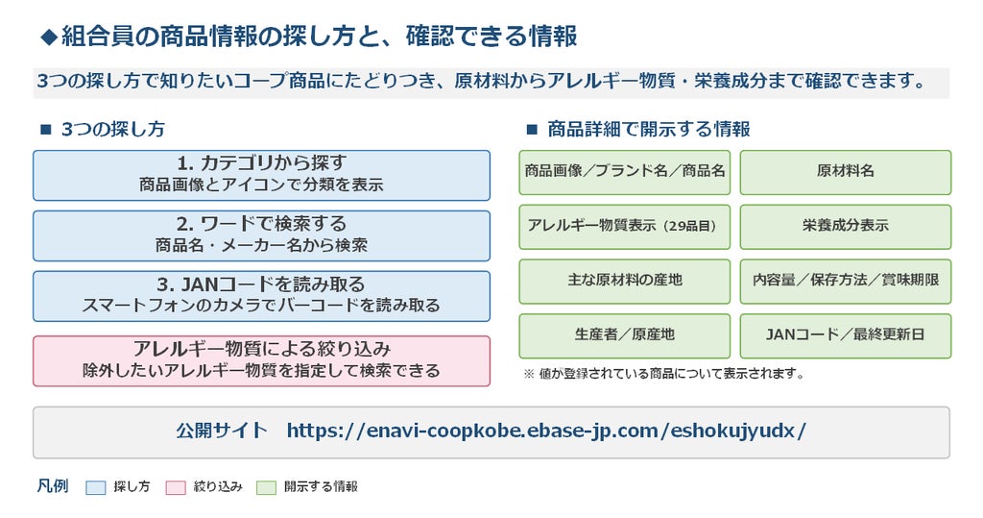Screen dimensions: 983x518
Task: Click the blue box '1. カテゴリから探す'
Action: [261, 175]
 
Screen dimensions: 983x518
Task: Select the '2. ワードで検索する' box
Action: [261, 235]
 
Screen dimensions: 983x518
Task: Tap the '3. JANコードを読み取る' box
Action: [261, 296]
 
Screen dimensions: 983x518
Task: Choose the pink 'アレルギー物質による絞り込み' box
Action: [261, 361]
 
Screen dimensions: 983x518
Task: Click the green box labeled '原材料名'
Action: [845, 172]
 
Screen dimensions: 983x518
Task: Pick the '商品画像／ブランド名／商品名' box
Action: [624, 172]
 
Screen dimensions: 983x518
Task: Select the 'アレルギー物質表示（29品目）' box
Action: [624, 227]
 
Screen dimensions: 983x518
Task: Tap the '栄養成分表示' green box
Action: [845, 227]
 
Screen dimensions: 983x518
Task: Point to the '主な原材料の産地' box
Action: [624, 282]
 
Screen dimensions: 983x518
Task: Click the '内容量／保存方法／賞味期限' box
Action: [845, 282]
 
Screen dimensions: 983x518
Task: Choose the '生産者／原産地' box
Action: [624, 336]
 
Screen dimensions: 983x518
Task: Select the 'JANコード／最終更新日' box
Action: [845, 336]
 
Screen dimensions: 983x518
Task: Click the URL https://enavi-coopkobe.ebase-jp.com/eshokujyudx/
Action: [546, 431]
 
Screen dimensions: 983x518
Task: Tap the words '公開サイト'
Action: [222, 431]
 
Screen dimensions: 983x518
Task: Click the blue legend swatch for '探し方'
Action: [95, 488]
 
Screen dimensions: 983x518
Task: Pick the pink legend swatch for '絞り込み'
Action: [176, 488]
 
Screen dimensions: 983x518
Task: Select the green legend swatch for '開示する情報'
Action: [266, 488]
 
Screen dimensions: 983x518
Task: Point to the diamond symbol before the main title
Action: [49, 37]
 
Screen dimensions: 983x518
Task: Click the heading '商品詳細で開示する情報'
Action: [648, 130]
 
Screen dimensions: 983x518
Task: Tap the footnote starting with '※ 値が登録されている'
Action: [664, 374]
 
